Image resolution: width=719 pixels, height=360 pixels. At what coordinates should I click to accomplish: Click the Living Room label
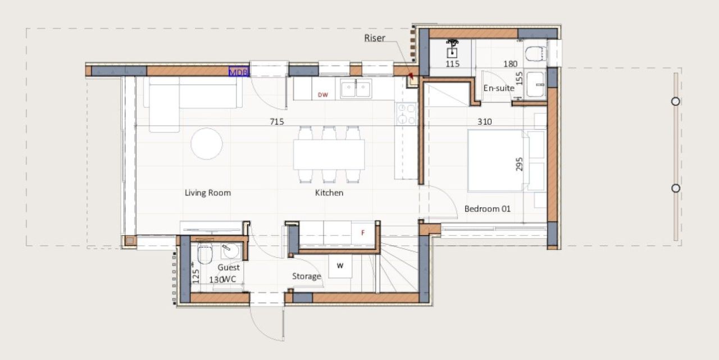click(x=208, y=193)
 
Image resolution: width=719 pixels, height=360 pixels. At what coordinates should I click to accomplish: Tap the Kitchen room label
click(x=329, y=193)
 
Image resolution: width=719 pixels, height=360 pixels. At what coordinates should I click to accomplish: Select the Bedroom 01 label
click(x=487, y=209)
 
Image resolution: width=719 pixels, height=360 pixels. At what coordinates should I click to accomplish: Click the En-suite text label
click(x=499, y=88)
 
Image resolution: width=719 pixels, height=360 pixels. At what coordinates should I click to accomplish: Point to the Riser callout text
click(x=375, y=38)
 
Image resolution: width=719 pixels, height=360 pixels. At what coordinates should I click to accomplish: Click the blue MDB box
click(x=238, y=72)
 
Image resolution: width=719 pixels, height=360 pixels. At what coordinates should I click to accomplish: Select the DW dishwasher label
click(x=323, y=95)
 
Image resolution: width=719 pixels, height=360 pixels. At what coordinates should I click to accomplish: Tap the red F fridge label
click(x=362, y=233)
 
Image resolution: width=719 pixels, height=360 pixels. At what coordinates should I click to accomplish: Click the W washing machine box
click(x=340, y=266)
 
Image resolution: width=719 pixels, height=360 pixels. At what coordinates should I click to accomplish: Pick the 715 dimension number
click(x=277, y=121)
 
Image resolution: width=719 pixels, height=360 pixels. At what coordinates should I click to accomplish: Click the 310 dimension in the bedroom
click(x=485, y=121)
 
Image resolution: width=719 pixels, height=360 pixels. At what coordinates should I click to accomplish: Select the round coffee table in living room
click(x=207, y=144)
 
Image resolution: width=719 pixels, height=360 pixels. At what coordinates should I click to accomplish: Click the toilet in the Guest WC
click(x=204, y=254)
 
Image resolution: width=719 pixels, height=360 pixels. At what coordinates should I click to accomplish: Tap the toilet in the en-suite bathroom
click(x=536, y=53)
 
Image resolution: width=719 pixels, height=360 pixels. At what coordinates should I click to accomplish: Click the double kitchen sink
click(x=356, y=88)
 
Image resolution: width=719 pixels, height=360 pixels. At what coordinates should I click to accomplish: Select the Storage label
click(x=307, y=276)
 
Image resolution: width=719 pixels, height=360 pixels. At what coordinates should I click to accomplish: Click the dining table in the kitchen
click(x=329, y=154)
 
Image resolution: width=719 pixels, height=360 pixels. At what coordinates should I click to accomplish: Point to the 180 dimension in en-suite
click(x=510, y=64)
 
